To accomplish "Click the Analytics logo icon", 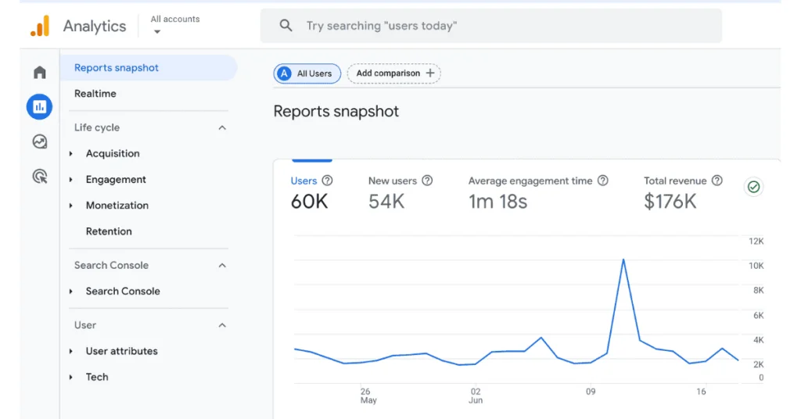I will point(40,26).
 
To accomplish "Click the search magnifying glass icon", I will point(286,26).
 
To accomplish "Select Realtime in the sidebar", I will point(95,94).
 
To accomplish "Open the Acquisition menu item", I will point(113,154).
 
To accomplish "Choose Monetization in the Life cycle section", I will point(117,206).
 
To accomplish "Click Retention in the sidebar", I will point(109,231).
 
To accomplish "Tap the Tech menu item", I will point(97,377).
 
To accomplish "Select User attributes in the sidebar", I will point(121,351).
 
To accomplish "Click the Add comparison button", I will point(394,73).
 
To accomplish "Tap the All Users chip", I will point(307,73).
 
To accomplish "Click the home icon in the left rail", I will point(40,73).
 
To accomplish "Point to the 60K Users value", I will point(309,202).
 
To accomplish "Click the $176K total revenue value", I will point(670,202).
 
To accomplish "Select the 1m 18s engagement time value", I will point(497,202).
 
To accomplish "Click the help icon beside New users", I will point(427,181).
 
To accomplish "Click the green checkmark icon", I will point(753,187).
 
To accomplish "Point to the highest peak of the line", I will point(623,260).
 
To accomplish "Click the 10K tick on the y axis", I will point(756,266).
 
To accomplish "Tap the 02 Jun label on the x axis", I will point(476,396).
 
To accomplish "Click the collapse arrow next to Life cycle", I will point(222,127).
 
